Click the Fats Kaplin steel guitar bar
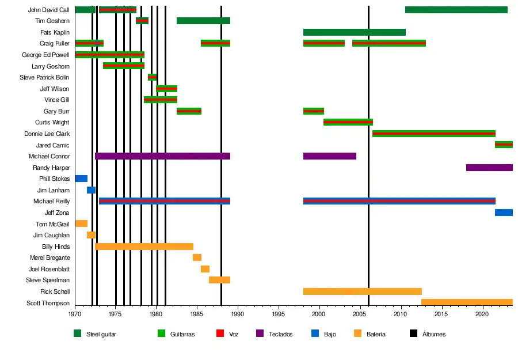click(x=354, y=32)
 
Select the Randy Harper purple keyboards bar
click(x=489, y=168)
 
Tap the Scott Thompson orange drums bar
click(x=467, y=302)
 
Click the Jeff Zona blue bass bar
click(x=504, y=213)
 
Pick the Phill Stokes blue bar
click(x=81, y=179)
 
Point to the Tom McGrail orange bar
click(x=81, y=223)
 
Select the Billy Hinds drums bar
click(x=144, y=247)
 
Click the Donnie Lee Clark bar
click(x=433, y=134)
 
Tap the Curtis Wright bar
click(x=348, y=122)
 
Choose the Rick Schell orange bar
click(x=362, y=291)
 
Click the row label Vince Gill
click(x=56, y=100)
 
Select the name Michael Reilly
click(x=51, y=201)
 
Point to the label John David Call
click(x=48, y=10)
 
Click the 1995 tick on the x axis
click(x=279, y=306)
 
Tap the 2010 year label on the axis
click(x=401, y=314)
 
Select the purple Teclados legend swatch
click(x=260, y=334)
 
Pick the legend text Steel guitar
click(x=101, y=334)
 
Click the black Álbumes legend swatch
click(x=413, y=334)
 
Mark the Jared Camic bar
click(x=504, y=145)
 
